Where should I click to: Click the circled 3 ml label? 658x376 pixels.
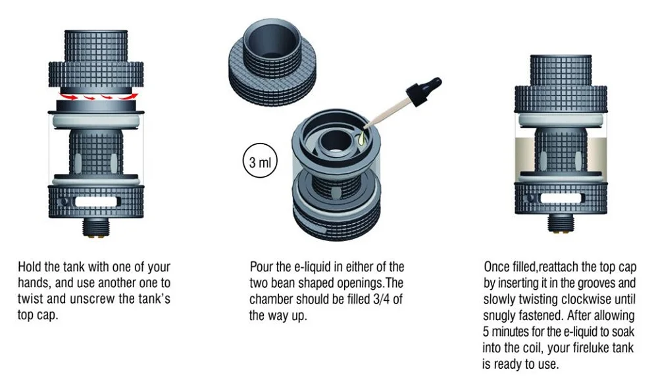coord(260,161)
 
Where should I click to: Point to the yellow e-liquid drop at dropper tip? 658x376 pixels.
coord(361,138)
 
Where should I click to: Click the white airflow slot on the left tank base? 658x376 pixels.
coord(95,201)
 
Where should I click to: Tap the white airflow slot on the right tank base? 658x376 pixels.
coord(561,198)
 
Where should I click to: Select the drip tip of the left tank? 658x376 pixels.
coord(96,47)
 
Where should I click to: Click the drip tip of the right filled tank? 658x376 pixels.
coord(561,70)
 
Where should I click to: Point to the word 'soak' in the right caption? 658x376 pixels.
coord(622,331)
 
